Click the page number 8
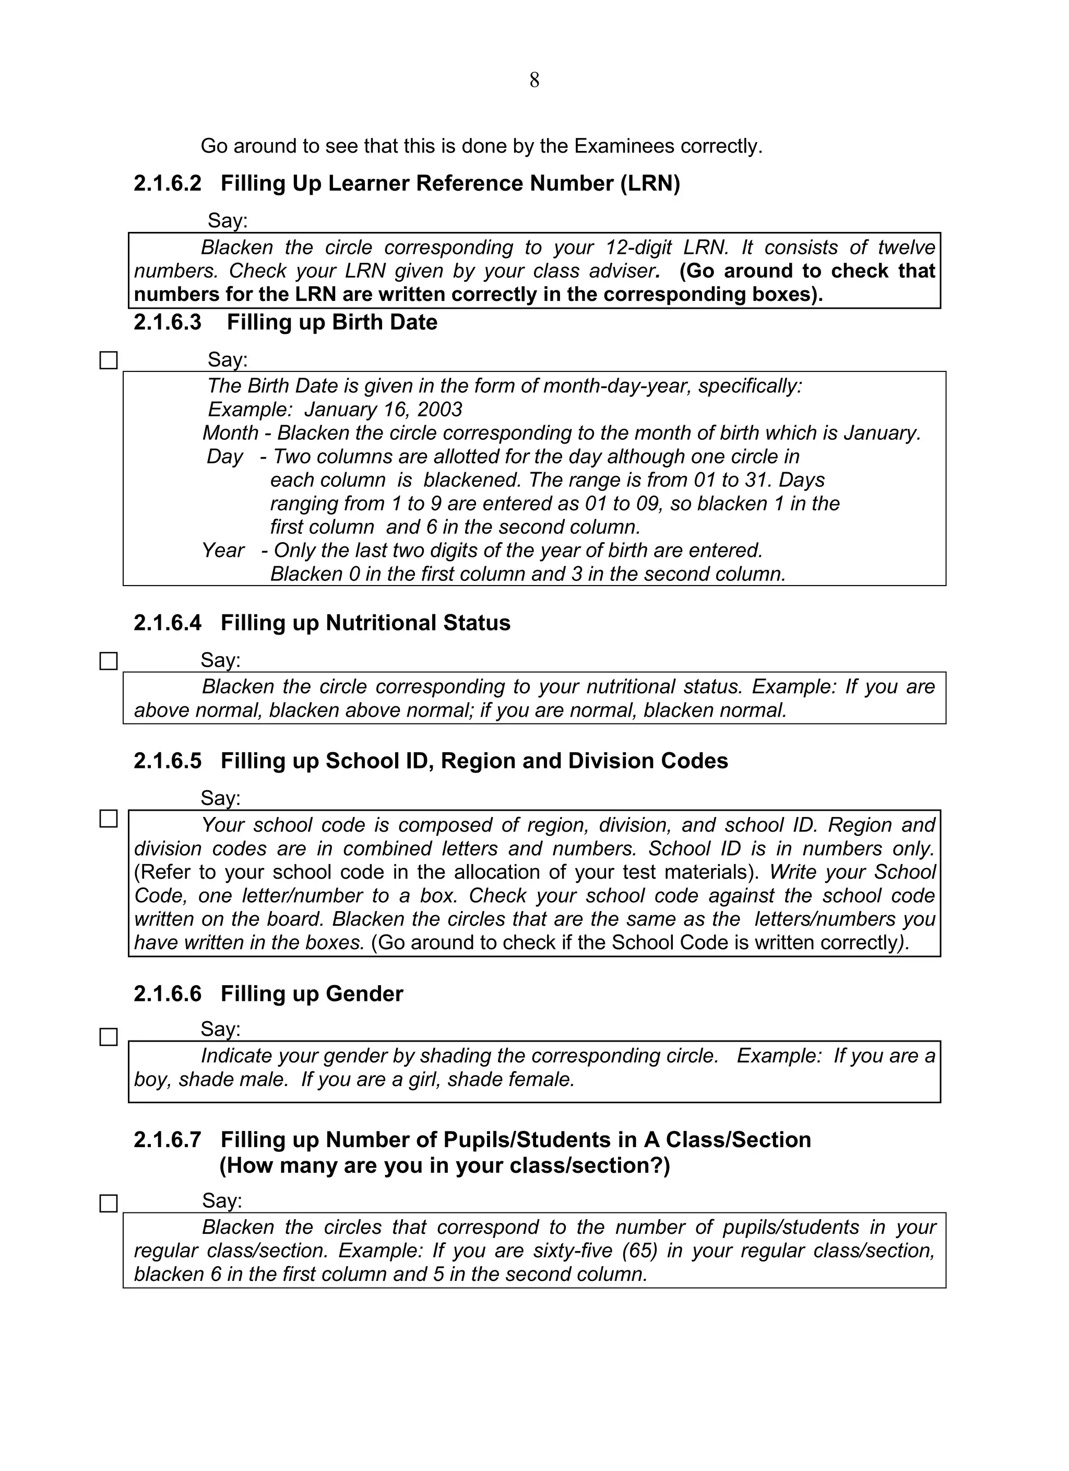(534, 80)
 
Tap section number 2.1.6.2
(168, 183)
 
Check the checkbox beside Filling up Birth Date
(108, 360)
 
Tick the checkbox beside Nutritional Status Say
(108, 661)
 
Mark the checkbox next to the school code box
(108, 819)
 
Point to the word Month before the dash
(230, 433)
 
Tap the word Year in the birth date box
(222, 550)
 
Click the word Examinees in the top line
(624, 146)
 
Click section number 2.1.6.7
(168, 1140)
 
